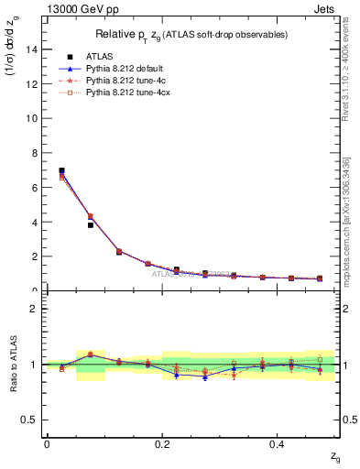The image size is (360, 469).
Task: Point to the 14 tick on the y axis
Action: pos(33,50)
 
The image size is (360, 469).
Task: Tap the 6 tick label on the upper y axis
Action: pos(36,188)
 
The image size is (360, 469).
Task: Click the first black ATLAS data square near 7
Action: pos(61,170)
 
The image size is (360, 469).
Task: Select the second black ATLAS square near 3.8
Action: pos(90,224)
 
